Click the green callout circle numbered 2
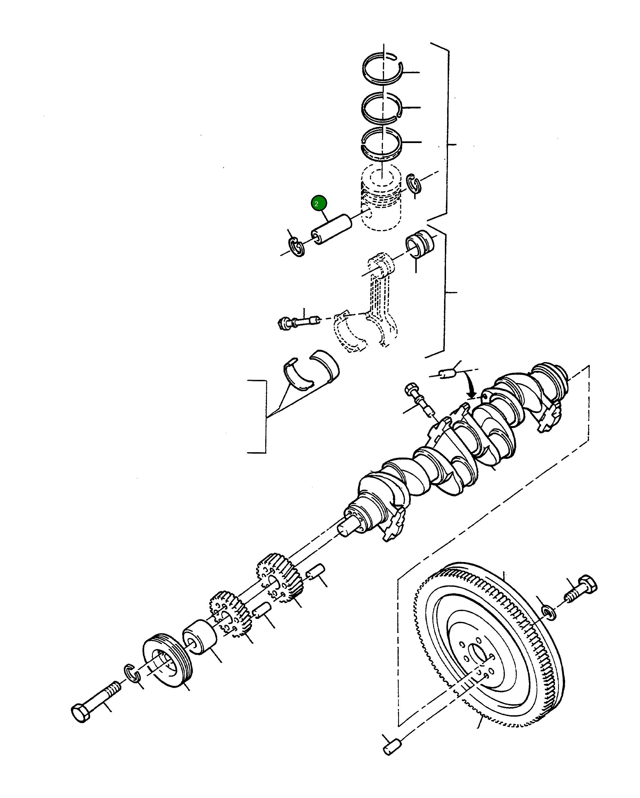[319, 203]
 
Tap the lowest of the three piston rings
[381, 144]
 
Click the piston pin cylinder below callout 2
[331, 229]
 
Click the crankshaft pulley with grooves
[167, 661]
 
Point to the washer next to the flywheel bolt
[548, 612]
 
